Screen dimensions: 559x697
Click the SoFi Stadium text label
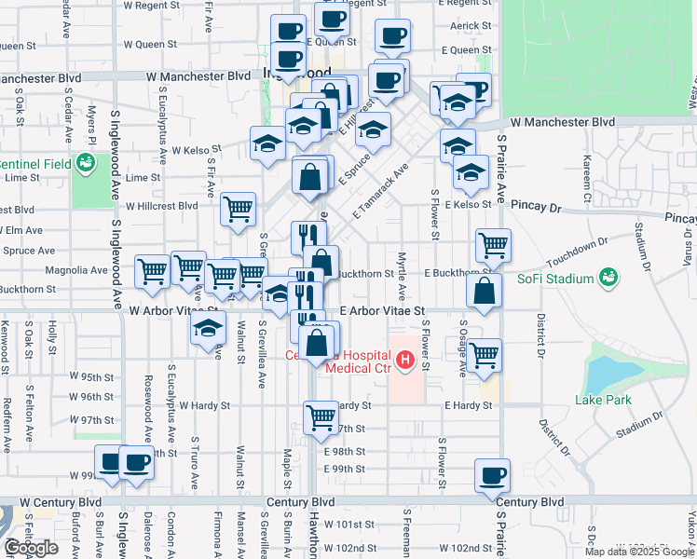coord(557,279)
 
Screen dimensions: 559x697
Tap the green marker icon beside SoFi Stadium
coord(608,277)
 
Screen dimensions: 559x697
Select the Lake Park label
coord(602,400)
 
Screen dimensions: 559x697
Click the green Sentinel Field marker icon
coord(87,164)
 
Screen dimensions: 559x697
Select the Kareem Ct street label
coord(587,180)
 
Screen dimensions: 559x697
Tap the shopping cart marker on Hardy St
coord(321,416)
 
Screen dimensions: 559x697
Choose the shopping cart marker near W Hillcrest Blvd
coord(239,208)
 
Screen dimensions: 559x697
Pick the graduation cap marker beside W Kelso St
coord(267,143)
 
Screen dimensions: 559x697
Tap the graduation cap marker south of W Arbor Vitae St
coord(209,327)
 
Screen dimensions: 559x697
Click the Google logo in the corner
coord(31,548)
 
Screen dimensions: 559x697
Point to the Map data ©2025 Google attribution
coord(640,552)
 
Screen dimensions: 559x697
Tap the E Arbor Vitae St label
coord(382,310)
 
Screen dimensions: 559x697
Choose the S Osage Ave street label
coord(462,348)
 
